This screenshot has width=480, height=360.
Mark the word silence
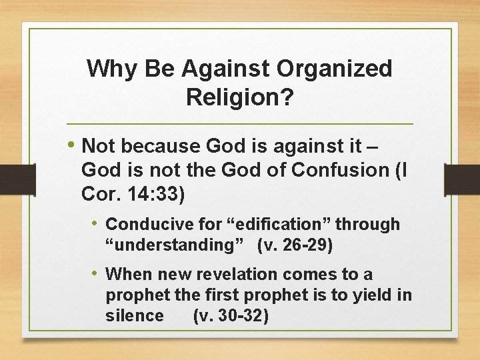[x=134, y=315]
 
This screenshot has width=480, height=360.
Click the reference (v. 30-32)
[x=231, y=315]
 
